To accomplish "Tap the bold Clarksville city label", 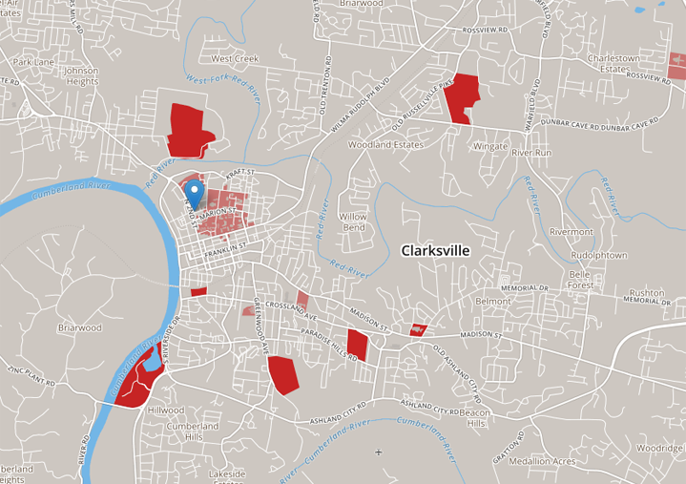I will click(435, 250).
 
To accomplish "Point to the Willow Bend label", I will click(353, 222).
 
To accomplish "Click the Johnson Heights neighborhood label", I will click(81, 75).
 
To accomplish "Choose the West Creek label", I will click(235, 58).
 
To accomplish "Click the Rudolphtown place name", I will click(598, 255).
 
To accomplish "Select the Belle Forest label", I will click(581, 279).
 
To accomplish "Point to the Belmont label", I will click(493, 301).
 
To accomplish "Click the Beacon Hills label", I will click(473, 417).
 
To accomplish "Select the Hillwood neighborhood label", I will click(165, 410).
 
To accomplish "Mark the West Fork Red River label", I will click(223, 89).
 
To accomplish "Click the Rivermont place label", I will click(571, 232).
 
